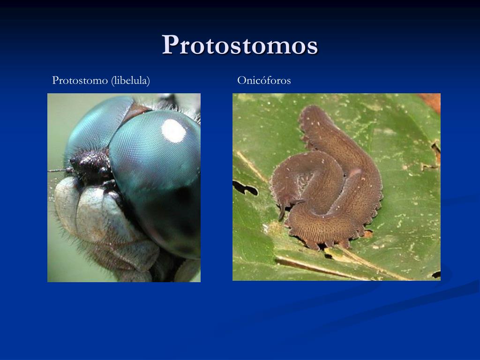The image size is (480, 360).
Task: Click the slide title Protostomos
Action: coord(240,45)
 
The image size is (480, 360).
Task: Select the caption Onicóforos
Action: coord(264,81)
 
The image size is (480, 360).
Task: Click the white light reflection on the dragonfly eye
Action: coord(174,131)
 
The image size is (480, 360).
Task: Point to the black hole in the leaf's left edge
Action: coord(245,188)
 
